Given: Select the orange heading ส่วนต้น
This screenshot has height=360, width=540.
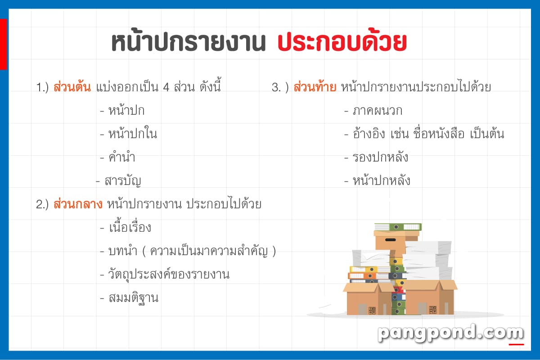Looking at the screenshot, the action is click(72, 86).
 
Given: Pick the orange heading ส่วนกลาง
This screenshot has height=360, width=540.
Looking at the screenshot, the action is click(78, 204).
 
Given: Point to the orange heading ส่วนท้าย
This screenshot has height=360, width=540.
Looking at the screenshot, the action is click(315, 87).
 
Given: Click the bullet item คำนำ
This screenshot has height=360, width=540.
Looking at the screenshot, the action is click(122, 157).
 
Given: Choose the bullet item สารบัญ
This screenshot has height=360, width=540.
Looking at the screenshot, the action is click(123, 181).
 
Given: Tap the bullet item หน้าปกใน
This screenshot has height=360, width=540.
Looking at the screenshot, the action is click(133, 133).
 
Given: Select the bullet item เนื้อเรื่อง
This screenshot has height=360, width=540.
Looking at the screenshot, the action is click(130, 227).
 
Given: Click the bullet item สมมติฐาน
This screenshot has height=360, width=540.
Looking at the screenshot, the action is click(133, 298).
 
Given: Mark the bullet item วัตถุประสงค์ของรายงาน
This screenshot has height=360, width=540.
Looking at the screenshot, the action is click(169, 274).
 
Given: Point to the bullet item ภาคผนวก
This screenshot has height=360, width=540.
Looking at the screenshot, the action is click(377, 110).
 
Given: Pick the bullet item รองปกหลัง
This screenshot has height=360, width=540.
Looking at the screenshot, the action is click(380, 157).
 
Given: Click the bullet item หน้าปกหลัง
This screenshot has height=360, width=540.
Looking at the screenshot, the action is click(382, 180).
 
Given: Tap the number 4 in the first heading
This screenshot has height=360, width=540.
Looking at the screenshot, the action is click(166, 87).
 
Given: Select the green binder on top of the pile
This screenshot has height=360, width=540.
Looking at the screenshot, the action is click(398, 227).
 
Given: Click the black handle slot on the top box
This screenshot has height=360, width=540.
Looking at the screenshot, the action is click(390, 240).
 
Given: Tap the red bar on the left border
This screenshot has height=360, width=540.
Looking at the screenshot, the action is click(4, 44).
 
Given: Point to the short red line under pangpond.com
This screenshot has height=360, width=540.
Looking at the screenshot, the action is click(516, 345).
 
